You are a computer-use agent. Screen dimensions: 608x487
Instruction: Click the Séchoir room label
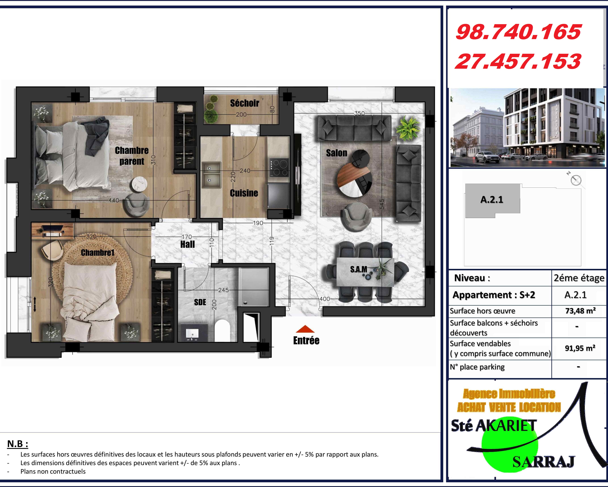pyautogui.click(x=244, y=103)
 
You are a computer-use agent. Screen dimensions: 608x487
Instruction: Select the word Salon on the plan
pyautogui.click(x=336, y=153)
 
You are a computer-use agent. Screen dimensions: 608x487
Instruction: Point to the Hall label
pyautogui.click(x=188, y=244)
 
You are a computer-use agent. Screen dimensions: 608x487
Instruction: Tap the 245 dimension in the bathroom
pyautogui.click(x=223, y=290)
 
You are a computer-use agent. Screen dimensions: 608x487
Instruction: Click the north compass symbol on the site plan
pyautogui.click(x=576, y=180)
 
